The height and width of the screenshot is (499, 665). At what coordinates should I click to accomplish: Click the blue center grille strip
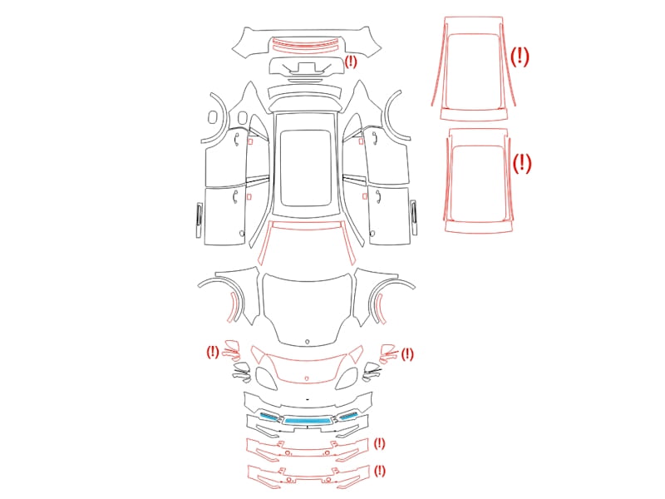coord(307,421)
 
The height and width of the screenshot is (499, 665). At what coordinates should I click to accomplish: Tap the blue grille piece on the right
coord(347,416)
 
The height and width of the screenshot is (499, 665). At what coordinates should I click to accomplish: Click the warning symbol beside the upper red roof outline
coord(520,57)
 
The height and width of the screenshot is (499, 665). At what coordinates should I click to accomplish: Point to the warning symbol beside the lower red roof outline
coord(522,163)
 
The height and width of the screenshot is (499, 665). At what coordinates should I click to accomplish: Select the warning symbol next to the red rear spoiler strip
coord(351,62)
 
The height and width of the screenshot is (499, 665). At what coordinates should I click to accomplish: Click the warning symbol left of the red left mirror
coord(213,352)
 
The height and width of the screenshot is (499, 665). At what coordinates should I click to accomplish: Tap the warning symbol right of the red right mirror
coord(407,354)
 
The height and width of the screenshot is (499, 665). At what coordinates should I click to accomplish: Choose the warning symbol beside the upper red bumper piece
coord(379,444)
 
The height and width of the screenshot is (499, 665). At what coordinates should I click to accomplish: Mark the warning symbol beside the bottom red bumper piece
coord(380,471)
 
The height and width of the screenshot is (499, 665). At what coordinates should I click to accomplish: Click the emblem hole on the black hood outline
coord(308,341)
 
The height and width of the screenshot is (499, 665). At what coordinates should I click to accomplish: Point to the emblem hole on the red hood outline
coord(307,378)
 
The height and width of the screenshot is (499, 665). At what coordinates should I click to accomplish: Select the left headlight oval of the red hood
coord(265,378)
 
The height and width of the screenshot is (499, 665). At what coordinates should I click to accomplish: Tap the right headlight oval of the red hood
coord(347,378)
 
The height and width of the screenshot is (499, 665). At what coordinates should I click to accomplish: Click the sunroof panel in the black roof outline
coord(306,168)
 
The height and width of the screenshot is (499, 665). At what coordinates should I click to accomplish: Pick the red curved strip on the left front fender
coord(232,306)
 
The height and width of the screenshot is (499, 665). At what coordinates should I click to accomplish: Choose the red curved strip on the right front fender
coord(381,309)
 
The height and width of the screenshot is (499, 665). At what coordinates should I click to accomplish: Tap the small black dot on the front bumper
coord(307,399)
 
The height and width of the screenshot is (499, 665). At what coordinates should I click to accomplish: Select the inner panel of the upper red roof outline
coord(472,71)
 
